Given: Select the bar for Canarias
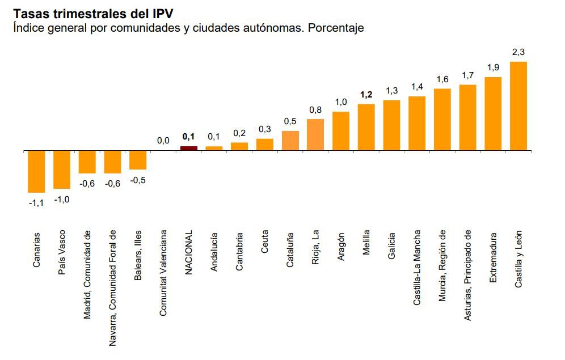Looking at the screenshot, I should click(36, 171).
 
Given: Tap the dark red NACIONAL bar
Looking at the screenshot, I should click(189, 148).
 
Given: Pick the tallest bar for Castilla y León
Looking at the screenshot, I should click(518, 106).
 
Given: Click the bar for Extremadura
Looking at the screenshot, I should click(493, 113).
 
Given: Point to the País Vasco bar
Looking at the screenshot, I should click(62, 170).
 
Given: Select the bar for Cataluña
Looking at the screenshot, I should click(290, 141).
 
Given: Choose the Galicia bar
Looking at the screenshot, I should click(392, 125).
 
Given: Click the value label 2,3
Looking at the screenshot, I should click(518, 52).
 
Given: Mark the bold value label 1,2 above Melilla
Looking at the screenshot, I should click(366, 95).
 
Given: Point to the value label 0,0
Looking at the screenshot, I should click(163, 140).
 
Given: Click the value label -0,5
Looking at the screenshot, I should click(138, 180).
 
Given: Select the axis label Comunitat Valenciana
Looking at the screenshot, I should click(163, 272).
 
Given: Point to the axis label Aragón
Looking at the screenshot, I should click(341, 245).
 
